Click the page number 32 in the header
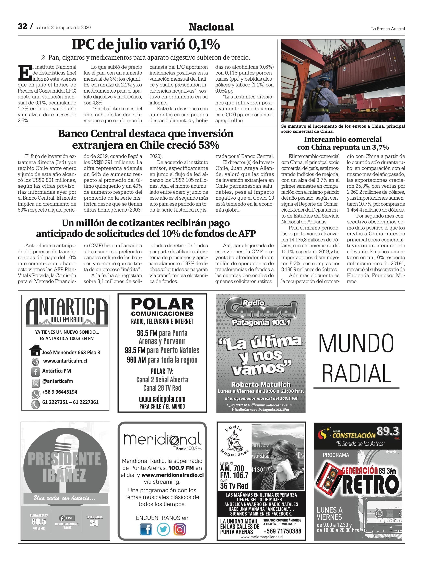tap(23, 26)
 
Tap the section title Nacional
tap(211, 27)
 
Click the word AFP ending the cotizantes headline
tap(247, 234)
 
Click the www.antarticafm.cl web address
tap(65, 361)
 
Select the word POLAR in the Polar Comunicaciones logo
tap(162, 304)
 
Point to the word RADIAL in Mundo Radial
tap(356, 373)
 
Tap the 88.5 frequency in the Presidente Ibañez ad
tap(39, 521)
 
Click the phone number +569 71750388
tap(282, 531)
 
